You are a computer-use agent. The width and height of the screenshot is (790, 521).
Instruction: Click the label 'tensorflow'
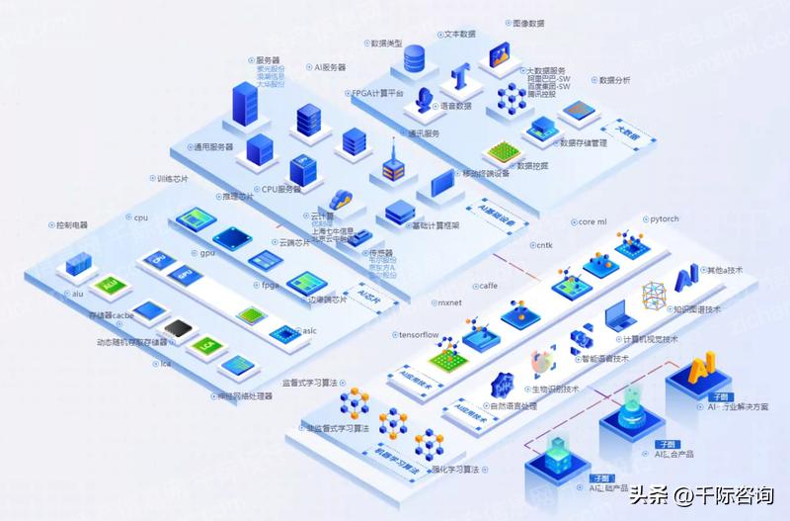pyautogui.click(x=419, y=335)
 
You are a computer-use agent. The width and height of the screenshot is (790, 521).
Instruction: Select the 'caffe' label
pyautogui.click(x=488, y=285)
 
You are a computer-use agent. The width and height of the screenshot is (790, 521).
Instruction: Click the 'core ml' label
pyautogui.click(x=592, y=222)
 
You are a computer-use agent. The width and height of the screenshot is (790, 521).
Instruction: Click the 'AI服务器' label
pyautogui.click(x=330, y=67)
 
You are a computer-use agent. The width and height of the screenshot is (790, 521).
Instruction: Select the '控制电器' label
pyautogui.click(x=72, y=225)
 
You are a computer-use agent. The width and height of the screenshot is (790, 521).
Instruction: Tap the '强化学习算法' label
pyautogui.click(x=457, y=469)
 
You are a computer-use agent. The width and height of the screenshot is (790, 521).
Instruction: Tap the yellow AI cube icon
pyautogui.click(x=702, y=369)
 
